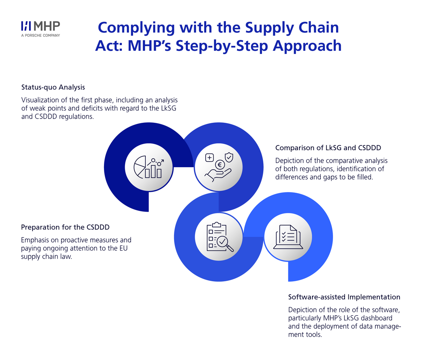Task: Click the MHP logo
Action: pos(40,29)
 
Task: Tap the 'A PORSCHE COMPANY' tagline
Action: pos(40,35)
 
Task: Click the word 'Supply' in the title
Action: pos(269,28)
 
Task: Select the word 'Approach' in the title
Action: pos(307,47)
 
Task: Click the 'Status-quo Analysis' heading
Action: pos(53,87)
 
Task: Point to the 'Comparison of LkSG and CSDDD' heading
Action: pos(328,148)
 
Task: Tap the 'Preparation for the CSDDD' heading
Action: pos(65,227)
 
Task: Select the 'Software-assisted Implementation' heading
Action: pos(344,297)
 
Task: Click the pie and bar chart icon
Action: pos(148,167)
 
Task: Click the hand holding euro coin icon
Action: pos(219,167)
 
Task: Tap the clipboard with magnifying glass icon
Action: pos(220,237)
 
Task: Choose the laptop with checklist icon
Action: pos(288,237)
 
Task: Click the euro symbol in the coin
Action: pos(220,165)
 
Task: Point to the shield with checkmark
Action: pos(229,157)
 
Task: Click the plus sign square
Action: pos(209,158)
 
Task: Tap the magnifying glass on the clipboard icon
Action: pos(225,244)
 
